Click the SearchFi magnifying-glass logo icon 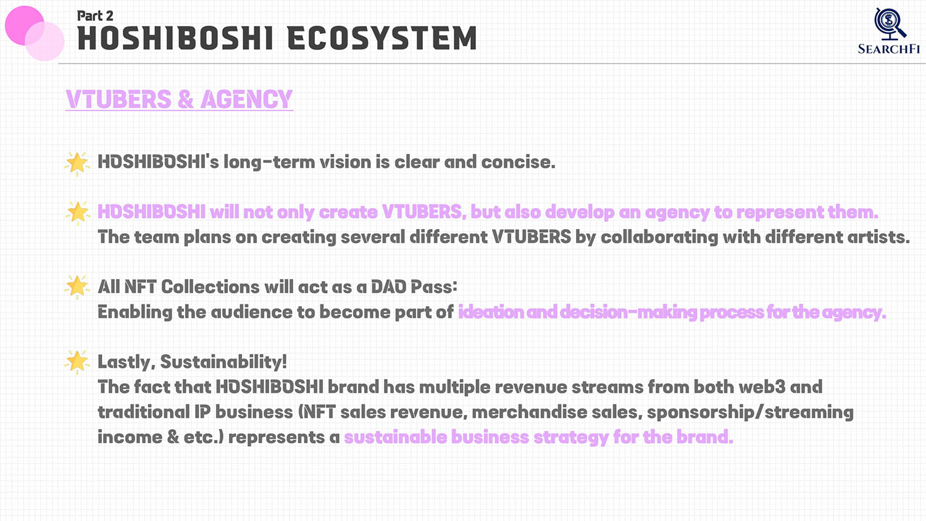click(889, 24)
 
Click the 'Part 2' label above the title click(95, 15)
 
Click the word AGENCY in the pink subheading click(247, 99)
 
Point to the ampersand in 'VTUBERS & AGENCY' click(186, 99)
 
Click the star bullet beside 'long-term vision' click(77, 162)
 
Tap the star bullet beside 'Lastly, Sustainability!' click(77, 362)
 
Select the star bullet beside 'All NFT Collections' click(77, 286)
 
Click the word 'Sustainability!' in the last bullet click(223, 362)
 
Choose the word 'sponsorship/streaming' click(750, 413)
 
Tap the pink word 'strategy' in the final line click(571, 438)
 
